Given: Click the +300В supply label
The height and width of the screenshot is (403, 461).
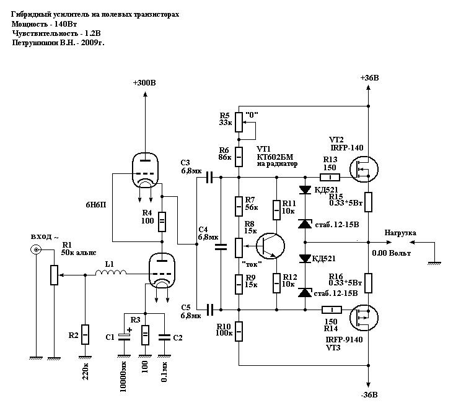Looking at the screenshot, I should coord(144,83).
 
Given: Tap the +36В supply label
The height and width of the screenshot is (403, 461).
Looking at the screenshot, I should coord(369,78).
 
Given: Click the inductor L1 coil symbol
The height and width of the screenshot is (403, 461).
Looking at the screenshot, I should coord(114,272).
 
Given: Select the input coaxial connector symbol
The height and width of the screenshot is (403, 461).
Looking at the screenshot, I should coord(37,250).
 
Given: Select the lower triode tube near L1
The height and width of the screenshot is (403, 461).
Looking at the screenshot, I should coord(162,272).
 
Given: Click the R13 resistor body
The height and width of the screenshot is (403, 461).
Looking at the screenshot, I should coord(331,178).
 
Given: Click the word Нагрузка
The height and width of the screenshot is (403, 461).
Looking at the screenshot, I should coord(400,233).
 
